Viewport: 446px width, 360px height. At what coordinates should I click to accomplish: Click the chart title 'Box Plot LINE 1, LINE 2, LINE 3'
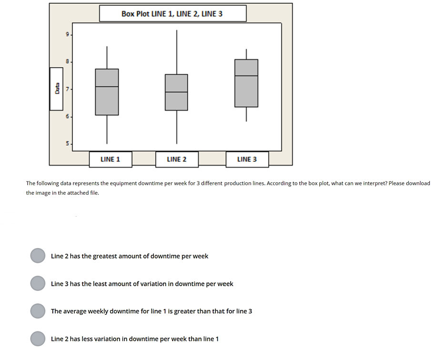[x=172, y=14]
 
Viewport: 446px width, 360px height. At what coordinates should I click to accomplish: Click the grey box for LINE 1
[x=107, y=92]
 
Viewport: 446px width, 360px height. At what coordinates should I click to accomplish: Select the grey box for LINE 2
[x=176, y=92]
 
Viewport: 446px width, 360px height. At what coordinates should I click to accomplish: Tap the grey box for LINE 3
[x=246, y=83]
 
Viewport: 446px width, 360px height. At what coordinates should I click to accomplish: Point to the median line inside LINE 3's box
[x=246, y=76]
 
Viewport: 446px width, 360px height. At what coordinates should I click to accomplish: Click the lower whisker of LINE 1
[x=107, y=129]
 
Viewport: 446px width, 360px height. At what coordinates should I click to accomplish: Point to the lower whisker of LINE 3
[x=246, y=114]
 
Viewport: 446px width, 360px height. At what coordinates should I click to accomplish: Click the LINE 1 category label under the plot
[x=110, y=160]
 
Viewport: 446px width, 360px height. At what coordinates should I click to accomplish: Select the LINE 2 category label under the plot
[x=176, y=160]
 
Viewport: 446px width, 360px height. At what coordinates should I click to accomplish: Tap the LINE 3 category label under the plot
[x=247, y=160]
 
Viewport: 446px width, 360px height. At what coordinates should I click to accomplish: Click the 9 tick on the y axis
[x=68, y=34]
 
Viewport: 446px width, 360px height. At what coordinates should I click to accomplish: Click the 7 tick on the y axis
[x=68, y=89]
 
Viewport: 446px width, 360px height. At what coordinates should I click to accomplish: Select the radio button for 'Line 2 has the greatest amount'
[x=38, y=256]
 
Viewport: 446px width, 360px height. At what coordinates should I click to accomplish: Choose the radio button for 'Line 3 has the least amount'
[x=38, y=283]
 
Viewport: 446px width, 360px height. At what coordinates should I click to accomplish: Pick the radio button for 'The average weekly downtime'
[x=38, y=311]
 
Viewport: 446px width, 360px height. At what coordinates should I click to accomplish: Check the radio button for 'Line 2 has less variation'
[x=38, y=339]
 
